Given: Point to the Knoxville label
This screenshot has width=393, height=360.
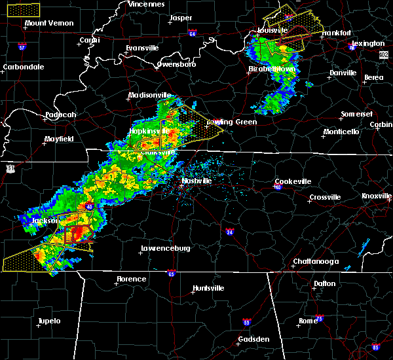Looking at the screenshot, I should click(377, 196).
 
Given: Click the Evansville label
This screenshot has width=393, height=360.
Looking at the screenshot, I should click(143, 48).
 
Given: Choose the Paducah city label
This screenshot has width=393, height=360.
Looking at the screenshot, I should click(61, 115).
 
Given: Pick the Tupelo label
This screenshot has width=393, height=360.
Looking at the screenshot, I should click(48, 321).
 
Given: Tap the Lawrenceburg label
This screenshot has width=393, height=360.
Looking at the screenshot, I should click(166, 249).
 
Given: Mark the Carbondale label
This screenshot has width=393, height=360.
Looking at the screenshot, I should click(24, 67).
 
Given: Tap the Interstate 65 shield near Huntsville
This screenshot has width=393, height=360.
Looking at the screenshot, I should click(171, 273).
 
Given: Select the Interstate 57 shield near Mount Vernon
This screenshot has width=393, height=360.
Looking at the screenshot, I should click(22, 47).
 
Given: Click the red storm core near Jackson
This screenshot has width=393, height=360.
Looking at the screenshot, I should click(79, 234).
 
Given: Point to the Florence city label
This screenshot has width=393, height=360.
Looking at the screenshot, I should click(132, 279).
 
